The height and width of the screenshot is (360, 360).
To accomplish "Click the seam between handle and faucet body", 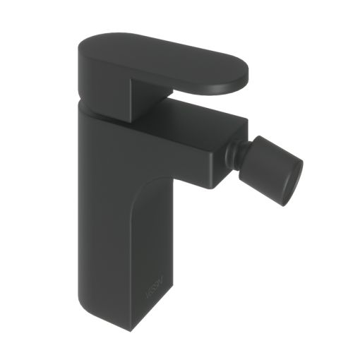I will (106, 112).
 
